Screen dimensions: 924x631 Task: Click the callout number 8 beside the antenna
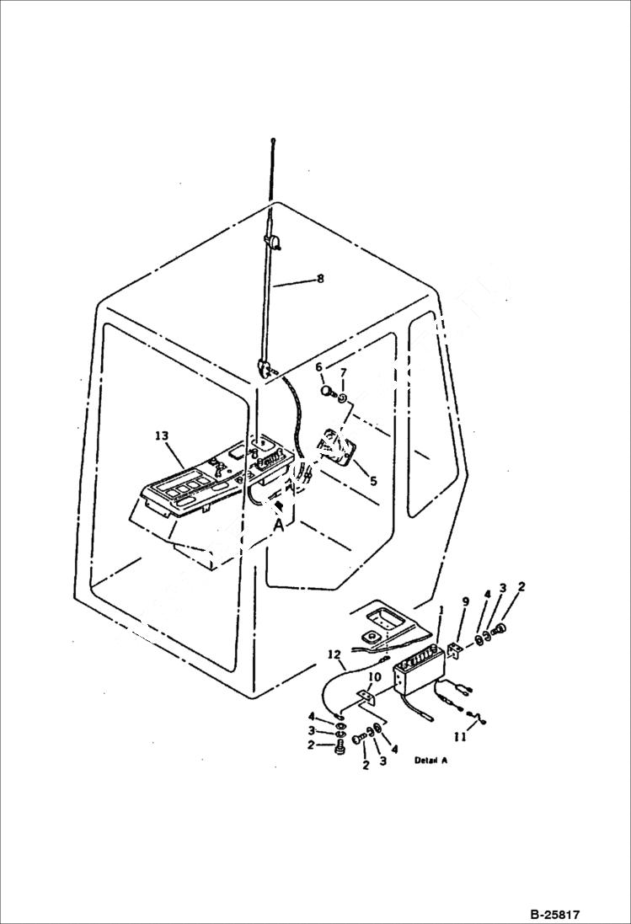pyautogui.click(x=319, y=279)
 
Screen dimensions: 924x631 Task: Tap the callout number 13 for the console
pyautogui.click(x=162, y=435)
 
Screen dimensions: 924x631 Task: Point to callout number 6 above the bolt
pyautogui.click(x=319, y=367)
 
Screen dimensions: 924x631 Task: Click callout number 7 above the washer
pyautogui.click(x=343, y=373)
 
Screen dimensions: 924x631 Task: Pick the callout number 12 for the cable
pyautogui.click(x=334, y=654)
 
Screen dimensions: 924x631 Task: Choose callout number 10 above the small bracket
pyautogui.click(x=375, y=676)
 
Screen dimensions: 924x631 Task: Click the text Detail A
pyautogui.click(x=430, y=760)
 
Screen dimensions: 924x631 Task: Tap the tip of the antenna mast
pyautogui.click(x=273, y=141)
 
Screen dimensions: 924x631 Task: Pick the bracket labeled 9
pyautogui.click(x=456, y=651)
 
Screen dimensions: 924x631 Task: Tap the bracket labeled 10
pyautogui.click(x=366, y=697)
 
